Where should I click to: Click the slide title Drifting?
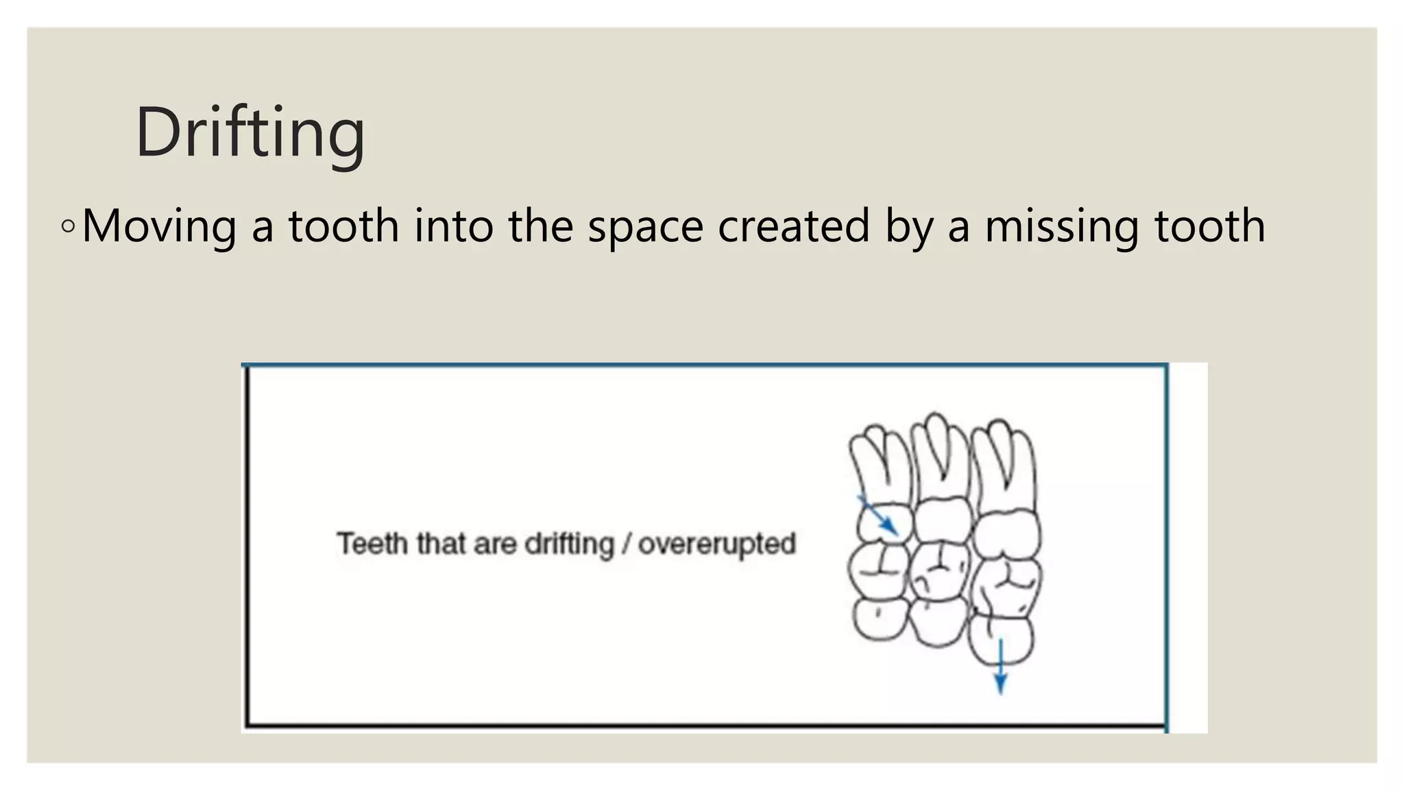pyautogui.click(x=250, y=132)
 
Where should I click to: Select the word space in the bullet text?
pyautogui.click(x=645, y=226)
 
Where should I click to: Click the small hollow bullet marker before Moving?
pyautogui.click(x=67, y=226)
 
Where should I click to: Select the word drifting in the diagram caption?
pyautogui.click(x=569, y=544)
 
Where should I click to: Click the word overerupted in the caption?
pyautogui.click(x=716, y=544)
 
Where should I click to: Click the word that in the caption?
pyautogui.click(x=440, y=544)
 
